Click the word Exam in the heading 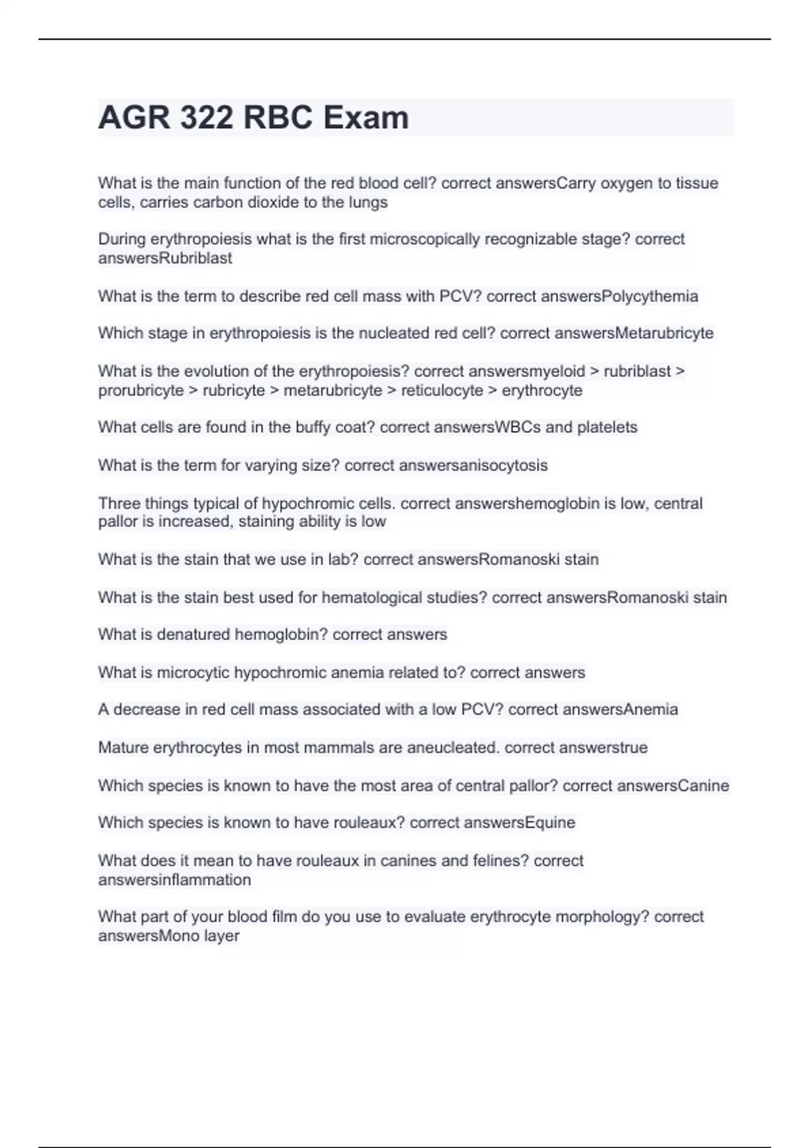pyautogui.click(x=365, y=118)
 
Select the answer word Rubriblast pyautogui.click(x=196, y=258)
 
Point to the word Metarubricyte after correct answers pyautogui.click(x=664, y=333)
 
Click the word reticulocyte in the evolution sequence pyautogui.click(x=442, y=390)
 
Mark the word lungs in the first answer pyautogui.click(x=369, y=202)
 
